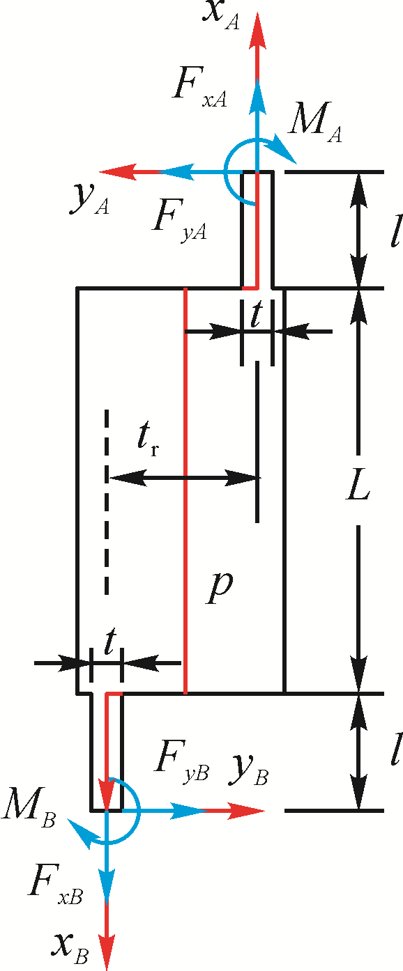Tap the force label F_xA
[x=199, y=88]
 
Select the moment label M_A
[x=315, y=123]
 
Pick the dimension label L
[x=358, y=490]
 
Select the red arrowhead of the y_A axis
[x=119, y=172]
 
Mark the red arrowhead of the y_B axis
[x=245, y=811]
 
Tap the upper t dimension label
[x=257, y=315]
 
